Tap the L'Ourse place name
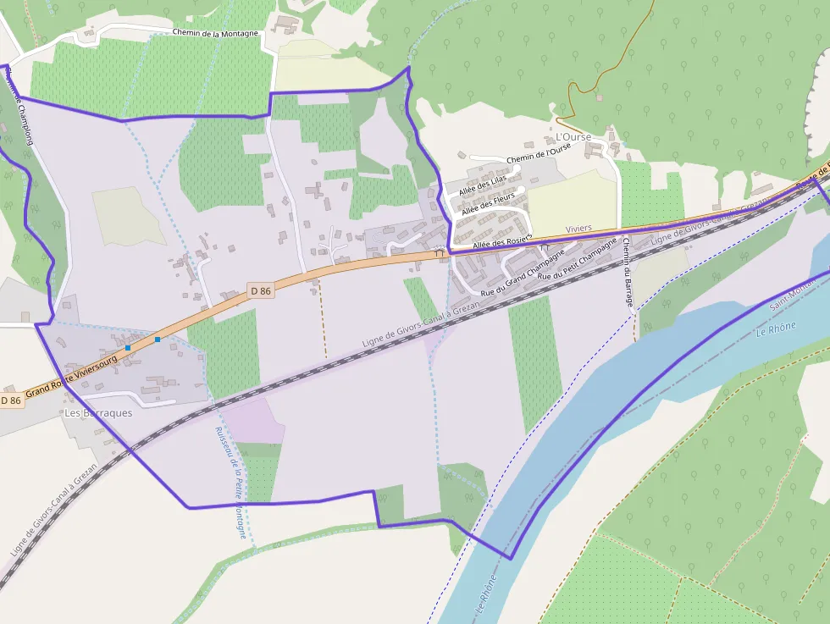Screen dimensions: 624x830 [573, 136]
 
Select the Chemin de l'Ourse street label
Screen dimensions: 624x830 [539, 153]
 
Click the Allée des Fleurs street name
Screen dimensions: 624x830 [488, 202]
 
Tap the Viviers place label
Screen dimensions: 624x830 [578, 229]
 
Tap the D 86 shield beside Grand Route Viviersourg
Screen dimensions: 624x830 [10, 400]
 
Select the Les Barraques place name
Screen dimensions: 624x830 [98, 413]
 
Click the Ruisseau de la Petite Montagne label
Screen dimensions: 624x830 [230, 481]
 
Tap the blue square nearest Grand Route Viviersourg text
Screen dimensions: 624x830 [128, 348]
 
